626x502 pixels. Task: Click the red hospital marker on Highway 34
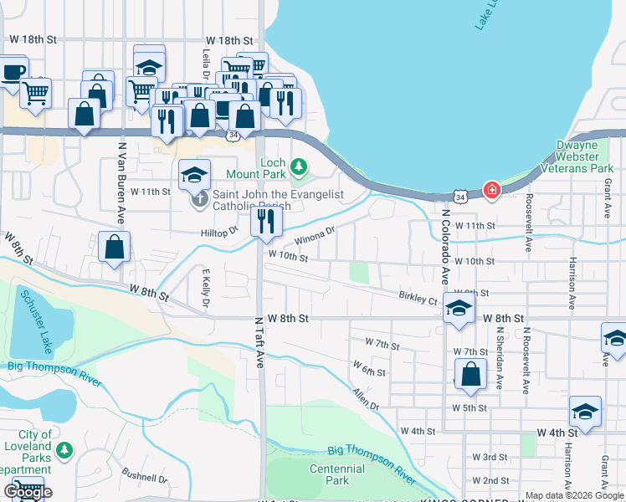[x=491, y=190]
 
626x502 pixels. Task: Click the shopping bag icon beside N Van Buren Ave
[x=114, y=248]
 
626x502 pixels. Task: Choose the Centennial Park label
[x=337, y=474]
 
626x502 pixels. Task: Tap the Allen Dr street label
[x=366, y=398]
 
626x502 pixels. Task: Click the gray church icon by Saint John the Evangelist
[x=198, y=199]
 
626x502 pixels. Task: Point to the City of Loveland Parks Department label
[x=34, y=446]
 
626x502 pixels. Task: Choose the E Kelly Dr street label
[x=204, y=286]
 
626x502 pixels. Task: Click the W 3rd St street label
[x=490, y=457]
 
